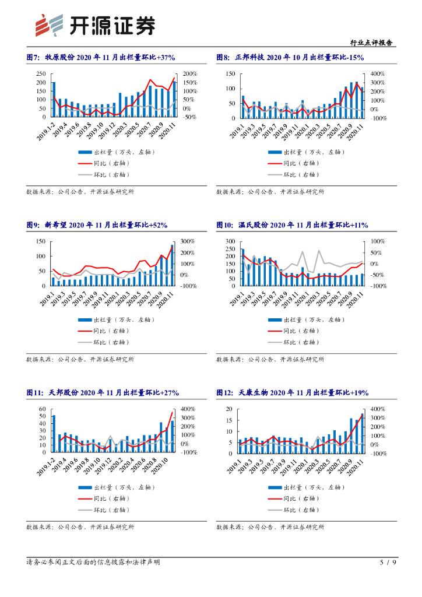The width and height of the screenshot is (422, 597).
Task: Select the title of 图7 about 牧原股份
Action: point(101,58)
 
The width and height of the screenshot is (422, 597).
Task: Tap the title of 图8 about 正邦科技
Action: point(290,58)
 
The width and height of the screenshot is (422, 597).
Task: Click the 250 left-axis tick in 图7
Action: point(40,74)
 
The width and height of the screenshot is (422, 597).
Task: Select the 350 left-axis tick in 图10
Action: point(230,241)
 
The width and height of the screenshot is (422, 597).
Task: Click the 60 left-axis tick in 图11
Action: point(42,409)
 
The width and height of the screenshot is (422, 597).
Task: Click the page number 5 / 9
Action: point(388,563)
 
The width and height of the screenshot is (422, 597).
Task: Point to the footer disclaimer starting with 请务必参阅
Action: point(93,563)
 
